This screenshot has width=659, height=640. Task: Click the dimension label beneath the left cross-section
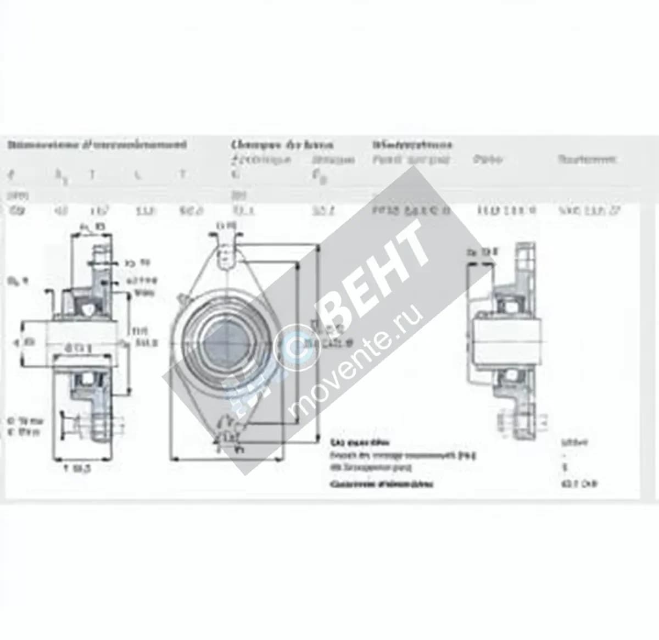point(77,469)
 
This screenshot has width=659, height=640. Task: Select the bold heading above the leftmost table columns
point(96,145)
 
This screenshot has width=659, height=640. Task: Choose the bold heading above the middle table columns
point(281,145)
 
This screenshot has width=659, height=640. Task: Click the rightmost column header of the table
point(587,159)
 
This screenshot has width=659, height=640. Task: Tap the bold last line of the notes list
point(381,485)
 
